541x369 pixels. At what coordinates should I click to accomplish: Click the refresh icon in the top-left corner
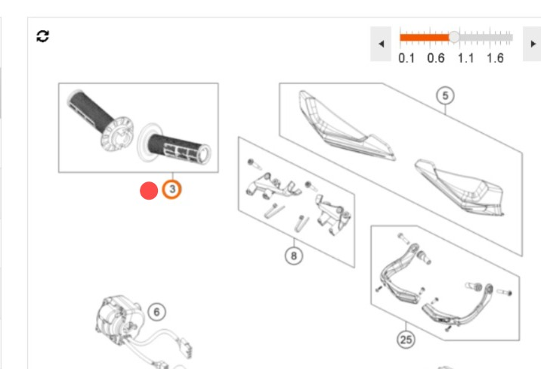(42, 36)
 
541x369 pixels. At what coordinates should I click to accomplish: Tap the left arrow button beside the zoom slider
(381, 44)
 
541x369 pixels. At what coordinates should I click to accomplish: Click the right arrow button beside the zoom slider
(533, 44)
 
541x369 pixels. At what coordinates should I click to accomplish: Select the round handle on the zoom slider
(454, 37)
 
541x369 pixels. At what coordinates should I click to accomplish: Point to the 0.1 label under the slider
(407, 58)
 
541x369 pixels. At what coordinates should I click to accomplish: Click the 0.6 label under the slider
(436, 58)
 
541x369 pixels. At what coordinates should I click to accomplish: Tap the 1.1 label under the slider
(465, 58)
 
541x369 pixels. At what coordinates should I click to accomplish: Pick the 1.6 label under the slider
(495, 58)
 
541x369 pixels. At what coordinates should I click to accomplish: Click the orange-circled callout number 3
(172, 189)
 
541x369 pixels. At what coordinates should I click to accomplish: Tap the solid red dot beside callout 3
(149, 191)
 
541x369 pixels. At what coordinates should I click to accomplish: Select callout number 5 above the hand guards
(445, 95)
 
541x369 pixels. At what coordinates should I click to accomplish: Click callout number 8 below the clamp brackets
(294, 256)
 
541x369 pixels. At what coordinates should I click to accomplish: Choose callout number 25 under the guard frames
(406, 340)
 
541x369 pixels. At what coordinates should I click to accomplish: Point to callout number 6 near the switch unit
(156, 312)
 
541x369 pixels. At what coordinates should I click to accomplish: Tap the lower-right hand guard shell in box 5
(459, 187)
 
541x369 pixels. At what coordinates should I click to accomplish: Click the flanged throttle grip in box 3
(100, 119)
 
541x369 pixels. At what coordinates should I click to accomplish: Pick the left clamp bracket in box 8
(274, 185)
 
